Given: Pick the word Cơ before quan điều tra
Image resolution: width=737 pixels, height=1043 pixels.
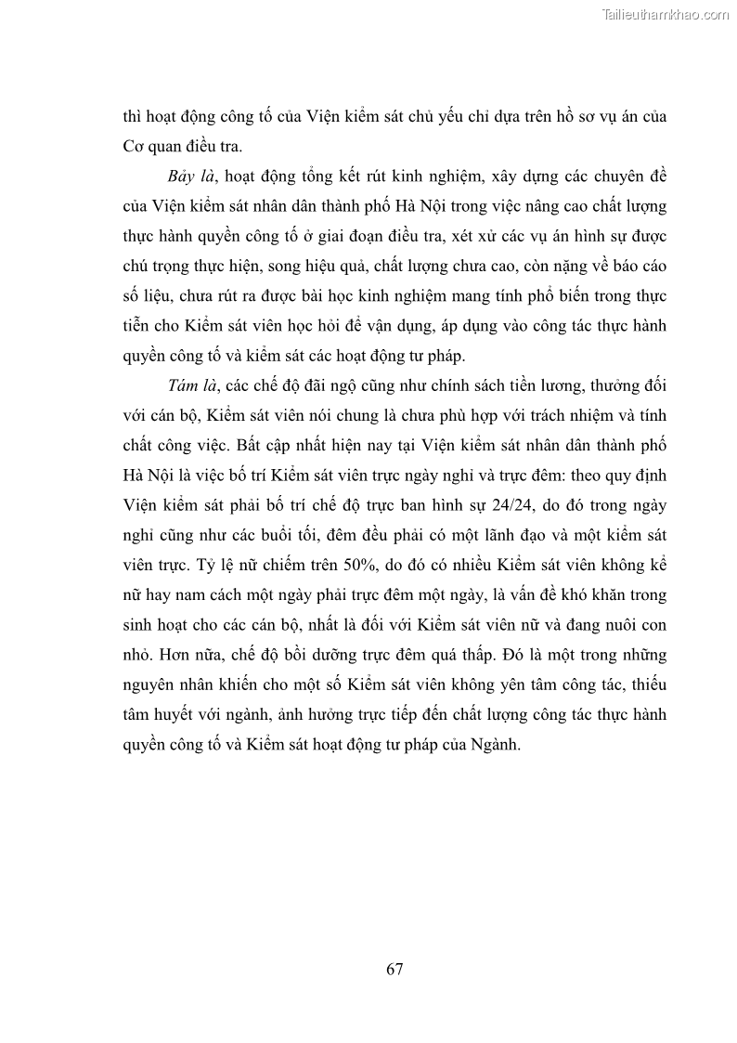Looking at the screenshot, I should [135, 147].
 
